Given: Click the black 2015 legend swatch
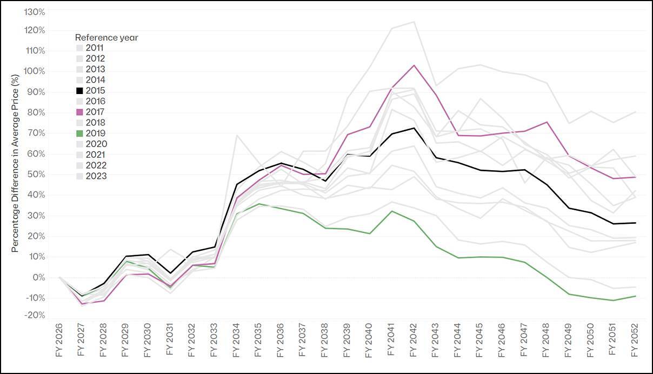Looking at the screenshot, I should pyautogui.click(x=79, y=91).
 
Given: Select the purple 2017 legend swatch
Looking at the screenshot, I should pyautogui.click(x=79, y=112).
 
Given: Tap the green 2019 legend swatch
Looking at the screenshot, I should pyautogui.click(x=79, y=133).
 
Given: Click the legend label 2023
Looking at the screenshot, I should pyautogui.click(x=96, y=176).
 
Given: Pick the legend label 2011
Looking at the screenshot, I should pyautogui.click(x=96, y=48).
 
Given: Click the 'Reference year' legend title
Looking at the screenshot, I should pyautogui.click(x=106, y=37).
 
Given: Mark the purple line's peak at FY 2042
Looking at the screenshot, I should pyautogui.click(x=414, y=65).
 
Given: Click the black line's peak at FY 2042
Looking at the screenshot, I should pyautogui.click(x=414, y=128).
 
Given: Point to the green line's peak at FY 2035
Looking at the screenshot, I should pyautogui.click(x=258, y=204).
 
